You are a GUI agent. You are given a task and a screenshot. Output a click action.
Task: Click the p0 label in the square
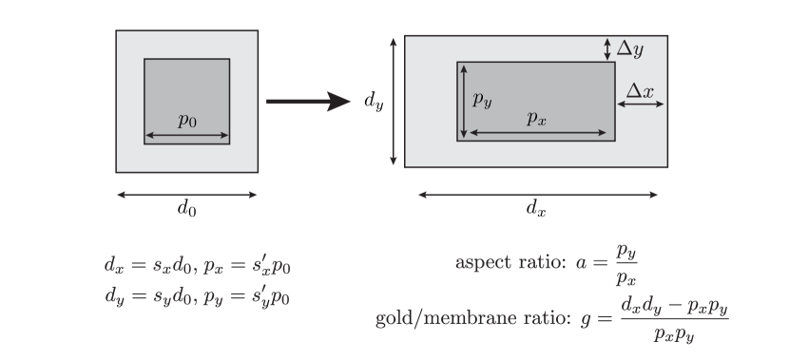pos(186,120)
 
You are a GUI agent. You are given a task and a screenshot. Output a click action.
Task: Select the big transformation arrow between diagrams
pos(308,102)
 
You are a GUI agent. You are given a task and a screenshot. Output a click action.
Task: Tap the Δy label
pos(629,48)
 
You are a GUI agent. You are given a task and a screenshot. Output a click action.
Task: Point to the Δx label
pos(641,90)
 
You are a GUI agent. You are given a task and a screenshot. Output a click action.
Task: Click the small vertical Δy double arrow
pos(607,48)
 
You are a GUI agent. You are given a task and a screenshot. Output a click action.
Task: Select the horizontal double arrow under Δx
pos(641,105)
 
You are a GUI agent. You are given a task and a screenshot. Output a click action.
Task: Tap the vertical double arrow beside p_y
pos(463,102)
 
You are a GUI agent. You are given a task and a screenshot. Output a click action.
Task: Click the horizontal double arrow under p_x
pos(537,133)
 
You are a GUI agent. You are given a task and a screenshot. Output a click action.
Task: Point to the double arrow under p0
pos(186,137)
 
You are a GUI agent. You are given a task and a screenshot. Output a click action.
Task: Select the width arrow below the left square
pos(186,195)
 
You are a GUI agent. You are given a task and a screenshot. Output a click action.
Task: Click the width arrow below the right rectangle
pos(538,195)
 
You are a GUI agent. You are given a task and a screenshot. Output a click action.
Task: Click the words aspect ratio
pos(510,262)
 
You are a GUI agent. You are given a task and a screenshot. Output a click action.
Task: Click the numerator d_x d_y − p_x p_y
pos(673,306)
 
